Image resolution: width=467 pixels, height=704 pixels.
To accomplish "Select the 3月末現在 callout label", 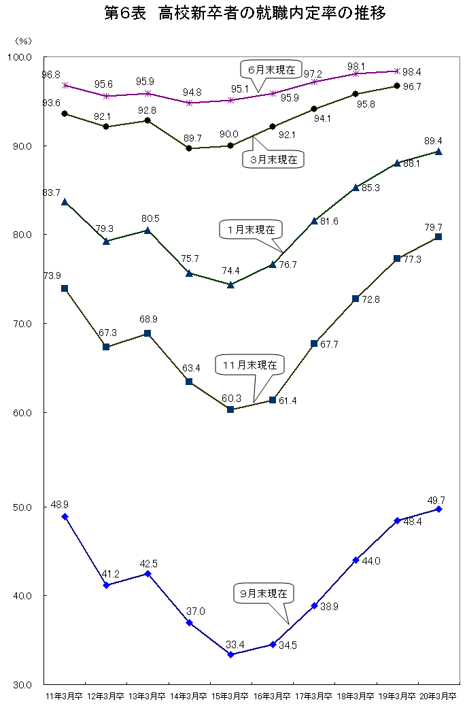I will (273, 160).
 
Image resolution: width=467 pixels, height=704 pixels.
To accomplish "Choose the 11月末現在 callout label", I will (249, 365).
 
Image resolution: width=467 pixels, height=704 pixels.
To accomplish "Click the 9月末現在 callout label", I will (264, 592).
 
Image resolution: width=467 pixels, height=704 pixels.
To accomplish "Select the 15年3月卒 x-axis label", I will (230, 696).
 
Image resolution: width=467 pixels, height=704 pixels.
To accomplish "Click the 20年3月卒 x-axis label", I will (438, 696).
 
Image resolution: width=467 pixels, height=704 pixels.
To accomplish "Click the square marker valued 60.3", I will (230, 409).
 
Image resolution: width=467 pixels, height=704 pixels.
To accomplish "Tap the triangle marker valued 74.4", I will (230, 284).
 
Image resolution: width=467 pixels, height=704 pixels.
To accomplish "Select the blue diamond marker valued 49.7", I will (438, 509).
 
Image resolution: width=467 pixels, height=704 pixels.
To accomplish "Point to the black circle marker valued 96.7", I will (397, 86).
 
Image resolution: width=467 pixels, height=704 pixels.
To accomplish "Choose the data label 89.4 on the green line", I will (433, 141).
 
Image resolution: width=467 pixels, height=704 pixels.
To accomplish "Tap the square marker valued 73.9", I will (65, 288).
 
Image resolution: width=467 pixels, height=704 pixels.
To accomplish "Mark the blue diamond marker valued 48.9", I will (65, 516).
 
